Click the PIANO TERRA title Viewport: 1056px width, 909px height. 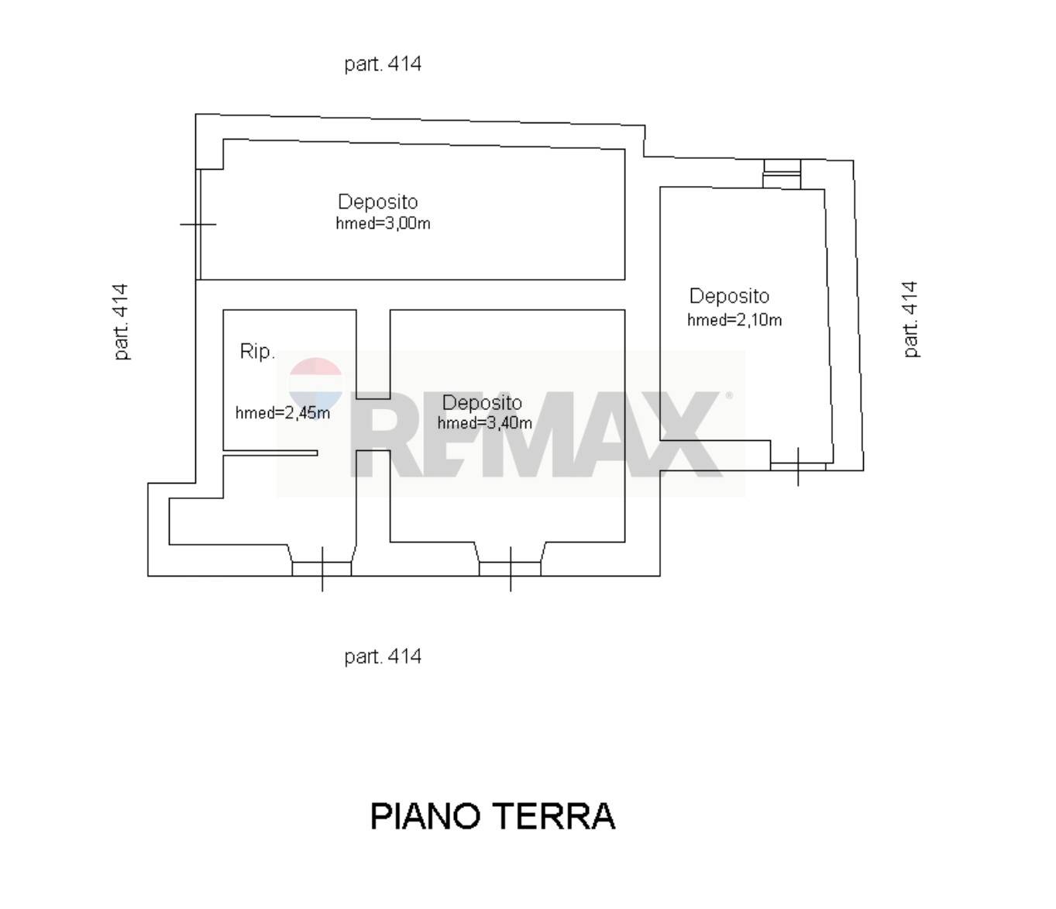click(x=492, y=816)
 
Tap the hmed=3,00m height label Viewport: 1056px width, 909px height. click(x=383, y=223)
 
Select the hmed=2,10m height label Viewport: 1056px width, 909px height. click(x=734, y=320)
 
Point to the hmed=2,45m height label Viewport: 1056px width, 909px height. click(x=283, y=412)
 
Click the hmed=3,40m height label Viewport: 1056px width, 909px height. click(x=484, y=422)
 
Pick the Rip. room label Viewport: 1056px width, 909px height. click(x=257, y=351)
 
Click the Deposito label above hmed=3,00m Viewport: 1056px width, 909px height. click(x=378, y=201)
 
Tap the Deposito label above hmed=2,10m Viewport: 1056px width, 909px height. click(x=729, y=296)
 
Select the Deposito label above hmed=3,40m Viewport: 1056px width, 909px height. click(x=482, y=403)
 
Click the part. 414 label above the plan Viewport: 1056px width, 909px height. click(x=383, y=64)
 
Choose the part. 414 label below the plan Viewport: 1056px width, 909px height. click(x=383, y=656)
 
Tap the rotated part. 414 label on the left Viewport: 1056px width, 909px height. click(x=121, y=322)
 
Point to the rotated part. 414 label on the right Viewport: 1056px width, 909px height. click(x=910, y=319)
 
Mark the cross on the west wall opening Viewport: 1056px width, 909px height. click(x=198, y=224)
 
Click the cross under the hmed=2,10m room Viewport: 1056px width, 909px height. click(x=797, y=467)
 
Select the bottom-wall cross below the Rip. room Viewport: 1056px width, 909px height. click(x=322, y=570)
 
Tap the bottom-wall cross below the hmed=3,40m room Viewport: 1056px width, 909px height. click(x=511, y=570)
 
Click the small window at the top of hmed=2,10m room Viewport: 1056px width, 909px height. click(x=782, y=174)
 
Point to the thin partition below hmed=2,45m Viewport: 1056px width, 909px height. click(x=270, y=453)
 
